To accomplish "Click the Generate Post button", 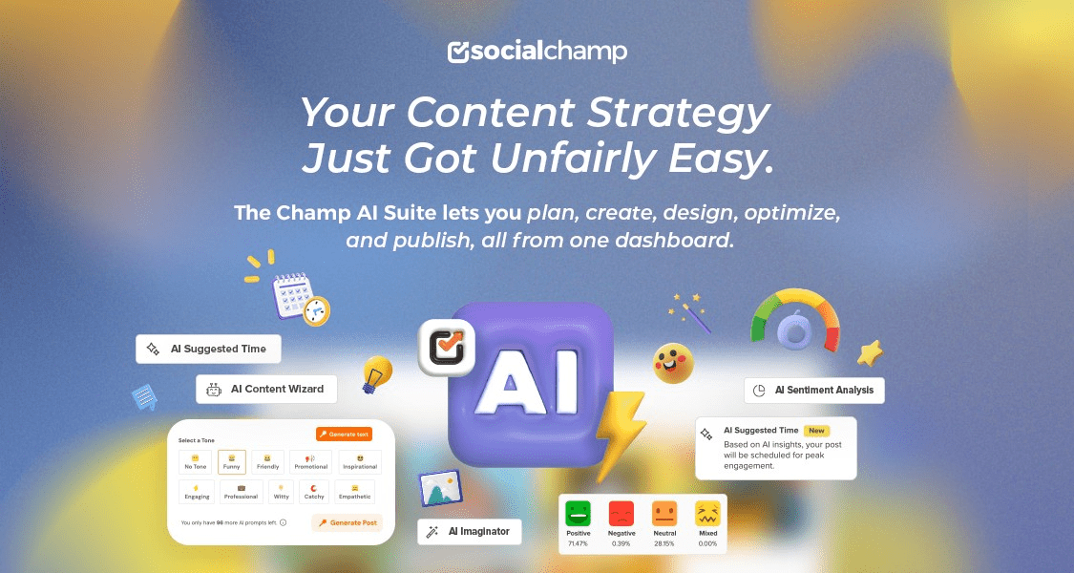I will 348,522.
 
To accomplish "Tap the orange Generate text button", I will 344,434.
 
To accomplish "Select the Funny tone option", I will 232,462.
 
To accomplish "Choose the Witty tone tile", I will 282,492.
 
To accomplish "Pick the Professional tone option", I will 241,492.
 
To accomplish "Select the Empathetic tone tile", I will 354,492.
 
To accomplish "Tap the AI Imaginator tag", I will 470,531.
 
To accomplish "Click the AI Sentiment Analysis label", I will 814,390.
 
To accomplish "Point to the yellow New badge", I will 816,431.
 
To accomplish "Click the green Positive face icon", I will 578,513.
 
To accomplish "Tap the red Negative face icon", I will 621,513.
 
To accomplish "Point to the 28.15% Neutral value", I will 664,543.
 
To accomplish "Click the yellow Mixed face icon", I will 707,513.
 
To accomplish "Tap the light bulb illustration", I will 377,373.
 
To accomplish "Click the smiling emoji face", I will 673,363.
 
